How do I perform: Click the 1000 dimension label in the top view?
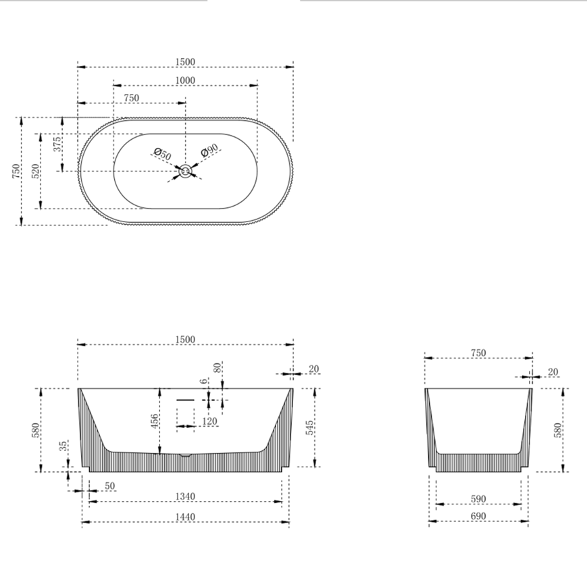click(184, 80)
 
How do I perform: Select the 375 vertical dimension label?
click(57, 143)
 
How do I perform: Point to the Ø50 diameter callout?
click(162, 155)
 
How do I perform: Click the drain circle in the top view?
click(185, 172)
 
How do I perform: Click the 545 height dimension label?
click(309, 427)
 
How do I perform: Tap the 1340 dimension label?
click(185, 496)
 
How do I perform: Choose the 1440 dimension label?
click(185, 517)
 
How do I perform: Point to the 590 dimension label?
click(478, 499)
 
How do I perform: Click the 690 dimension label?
click(478, 517)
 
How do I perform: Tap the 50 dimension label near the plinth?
click(109, 485)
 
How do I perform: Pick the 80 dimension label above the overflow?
click(218, 369)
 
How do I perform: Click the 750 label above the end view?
click(478, 352)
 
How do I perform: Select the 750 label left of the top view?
click(16, 171)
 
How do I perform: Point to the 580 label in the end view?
click(558, 429)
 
